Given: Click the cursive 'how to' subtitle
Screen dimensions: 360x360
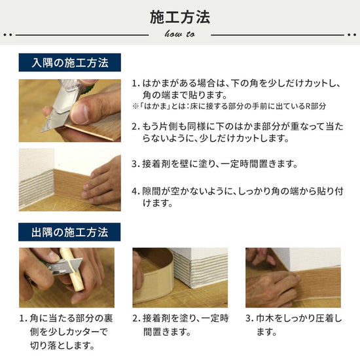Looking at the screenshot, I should [179, 33].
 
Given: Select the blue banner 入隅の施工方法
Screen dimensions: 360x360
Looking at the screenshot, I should [71, 63].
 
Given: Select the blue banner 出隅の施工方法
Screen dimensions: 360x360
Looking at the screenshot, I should [71, 231].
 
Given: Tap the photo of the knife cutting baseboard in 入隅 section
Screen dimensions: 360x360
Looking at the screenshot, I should [69, 111].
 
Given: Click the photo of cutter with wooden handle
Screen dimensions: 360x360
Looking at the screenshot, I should [66, 278].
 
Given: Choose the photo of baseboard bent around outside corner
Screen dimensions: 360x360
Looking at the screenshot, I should [180, 278].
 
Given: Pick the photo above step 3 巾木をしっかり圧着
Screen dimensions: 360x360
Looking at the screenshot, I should [293, 278].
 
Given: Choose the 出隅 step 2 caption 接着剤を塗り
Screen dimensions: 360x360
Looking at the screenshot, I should [180, 325].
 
